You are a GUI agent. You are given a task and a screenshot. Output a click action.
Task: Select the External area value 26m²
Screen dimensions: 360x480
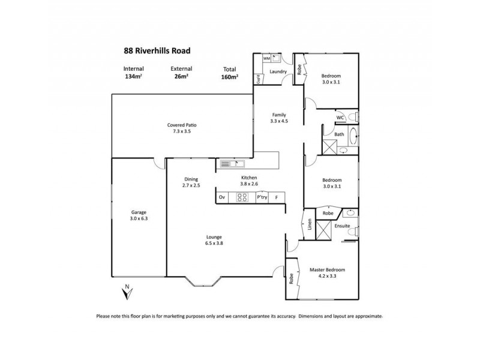180,77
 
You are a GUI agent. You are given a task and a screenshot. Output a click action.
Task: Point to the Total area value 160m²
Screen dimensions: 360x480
230,77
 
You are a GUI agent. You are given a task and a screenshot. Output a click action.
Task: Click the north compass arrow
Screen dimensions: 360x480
126,293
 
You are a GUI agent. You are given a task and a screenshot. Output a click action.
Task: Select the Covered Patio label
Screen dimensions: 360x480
182,125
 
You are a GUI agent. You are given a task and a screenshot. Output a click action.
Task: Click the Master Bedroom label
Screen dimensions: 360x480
327,270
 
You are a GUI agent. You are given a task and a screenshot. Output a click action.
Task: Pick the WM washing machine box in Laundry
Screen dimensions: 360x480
266,59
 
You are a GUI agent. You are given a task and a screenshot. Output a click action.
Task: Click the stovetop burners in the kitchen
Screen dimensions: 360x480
243,197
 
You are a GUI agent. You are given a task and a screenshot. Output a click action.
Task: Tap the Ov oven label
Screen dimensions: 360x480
222,197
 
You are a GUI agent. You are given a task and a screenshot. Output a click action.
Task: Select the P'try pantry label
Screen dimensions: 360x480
262,197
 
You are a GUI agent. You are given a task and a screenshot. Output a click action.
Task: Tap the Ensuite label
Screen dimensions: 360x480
343,226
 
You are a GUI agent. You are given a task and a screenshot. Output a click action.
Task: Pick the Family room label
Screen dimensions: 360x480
278,115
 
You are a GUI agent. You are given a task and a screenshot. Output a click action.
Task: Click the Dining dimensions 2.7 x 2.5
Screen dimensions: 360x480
191,186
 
